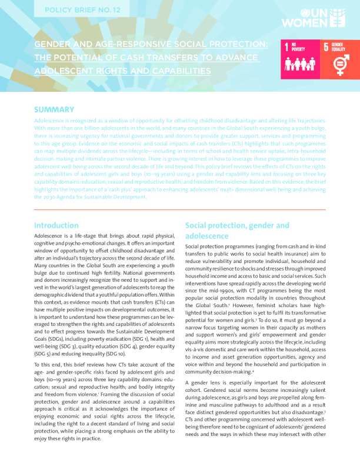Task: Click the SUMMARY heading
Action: point(54,109)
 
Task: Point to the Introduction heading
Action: point(56,225)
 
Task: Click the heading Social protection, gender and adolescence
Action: point(236,230)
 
